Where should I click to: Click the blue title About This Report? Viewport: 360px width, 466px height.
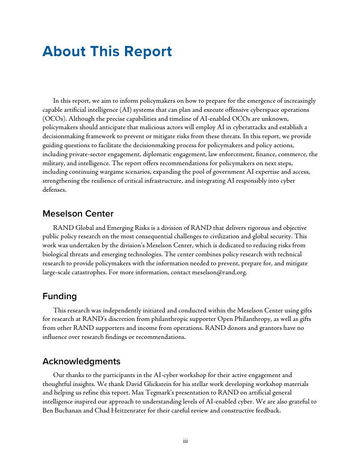tap(107, 52)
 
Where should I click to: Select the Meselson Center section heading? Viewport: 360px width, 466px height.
tap(78, 214)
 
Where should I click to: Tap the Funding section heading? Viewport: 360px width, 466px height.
tap(60, 296)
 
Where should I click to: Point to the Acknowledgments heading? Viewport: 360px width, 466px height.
tap(81, 361)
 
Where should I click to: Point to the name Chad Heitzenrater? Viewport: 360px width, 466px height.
tap(119, 410)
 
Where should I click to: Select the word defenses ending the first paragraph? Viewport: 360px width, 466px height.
tap(55, 190)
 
